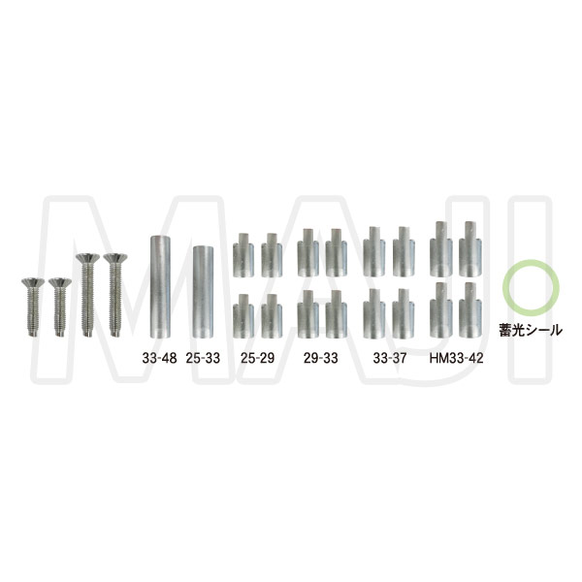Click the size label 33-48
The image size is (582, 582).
[x=160, y=358]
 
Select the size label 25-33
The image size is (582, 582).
[x=203, y=358]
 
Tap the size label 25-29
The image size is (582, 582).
[x=258, y=358]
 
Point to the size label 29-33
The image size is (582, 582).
[x=321, y=358]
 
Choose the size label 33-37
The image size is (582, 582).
[x=390, y=358]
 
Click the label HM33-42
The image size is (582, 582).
[x=457, y=358]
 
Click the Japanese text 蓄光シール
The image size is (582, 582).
[x=531, y=330]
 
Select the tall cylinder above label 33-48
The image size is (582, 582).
[x=160, y=286]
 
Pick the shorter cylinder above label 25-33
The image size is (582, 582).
[x=204, y=292]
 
